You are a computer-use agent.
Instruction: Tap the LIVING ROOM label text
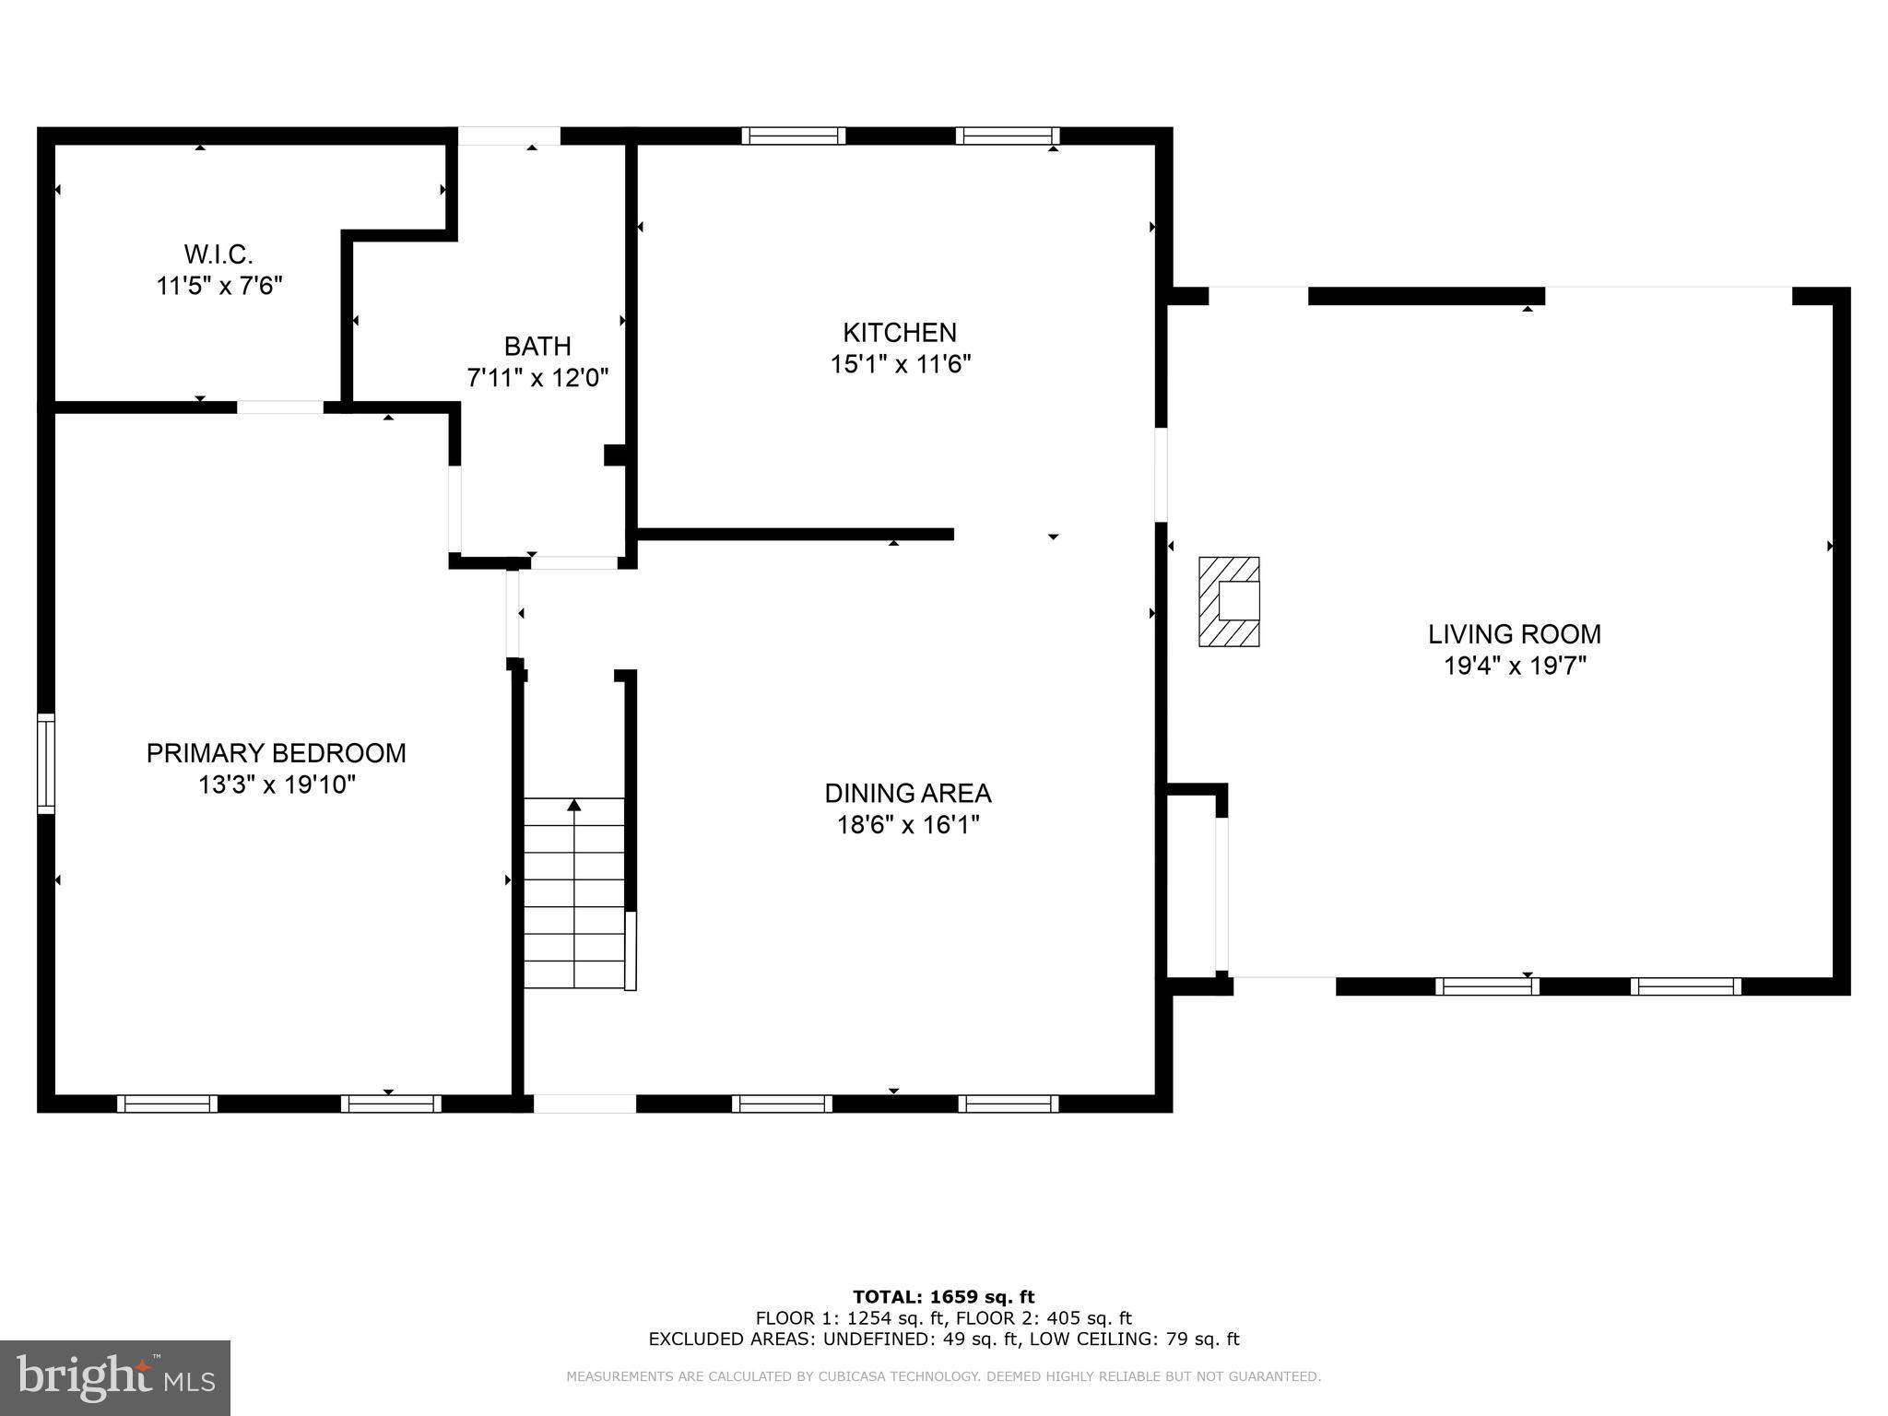[1514, 634]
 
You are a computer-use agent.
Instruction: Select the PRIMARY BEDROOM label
[276, 753]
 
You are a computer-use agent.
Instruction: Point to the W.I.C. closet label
[218, 254]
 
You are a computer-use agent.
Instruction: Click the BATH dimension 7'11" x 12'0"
[537, 378]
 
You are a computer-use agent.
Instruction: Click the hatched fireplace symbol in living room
[1228, 601]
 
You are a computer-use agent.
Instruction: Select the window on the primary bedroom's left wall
[45, 763]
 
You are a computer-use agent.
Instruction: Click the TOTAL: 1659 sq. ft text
[943, 1297]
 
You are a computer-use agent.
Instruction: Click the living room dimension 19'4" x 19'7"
[1514, 666]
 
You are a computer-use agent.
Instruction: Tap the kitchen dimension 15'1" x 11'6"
[900, 364]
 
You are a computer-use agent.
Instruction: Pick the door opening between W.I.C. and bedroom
[280, 407]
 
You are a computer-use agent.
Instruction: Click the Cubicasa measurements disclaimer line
[943, 1376]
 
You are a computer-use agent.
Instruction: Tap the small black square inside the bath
[614, 454]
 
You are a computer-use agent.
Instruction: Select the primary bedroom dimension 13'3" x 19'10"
[276, 785]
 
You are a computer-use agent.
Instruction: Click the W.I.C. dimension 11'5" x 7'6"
[218, 286]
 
